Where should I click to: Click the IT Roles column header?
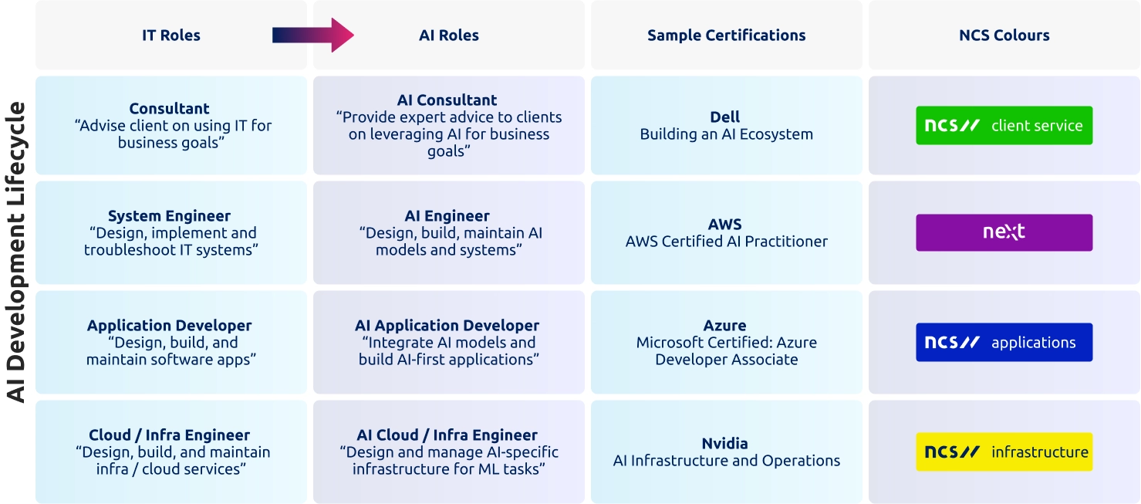point(170,36)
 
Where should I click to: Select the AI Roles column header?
point(448,36)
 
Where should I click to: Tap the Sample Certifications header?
point(726,36)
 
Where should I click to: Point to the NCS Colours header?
point(1004,36)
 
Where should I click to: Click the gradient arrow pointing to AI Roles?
point(312,35)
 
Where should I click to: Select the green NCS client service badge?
point(1004,126)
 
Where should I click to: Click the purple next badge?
point(1004,232)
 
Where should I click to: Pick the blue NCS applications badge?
point(1004,343)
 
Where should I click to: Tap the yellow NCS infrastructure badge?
point(1004,452)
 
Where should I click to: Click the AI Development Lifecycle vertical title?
point(17,252)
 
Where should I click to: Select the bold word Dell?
point(725,117)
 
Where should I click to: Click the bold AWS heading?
point(725,225)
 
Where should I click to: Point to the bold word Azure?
point(725,326)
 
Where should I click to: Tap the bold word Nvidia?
point(725,444)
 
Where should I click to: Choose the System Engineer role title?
point(169,216)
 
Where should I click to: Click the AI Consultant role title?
point(447,100)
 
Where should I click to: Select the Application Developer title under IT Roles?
point(169,326)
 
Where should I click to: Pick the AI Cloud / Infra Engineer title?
point(447,435)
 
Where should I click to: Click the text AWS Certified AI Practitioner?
point(726,242)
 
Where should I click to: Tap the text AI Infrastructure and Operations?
point(726,461)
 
